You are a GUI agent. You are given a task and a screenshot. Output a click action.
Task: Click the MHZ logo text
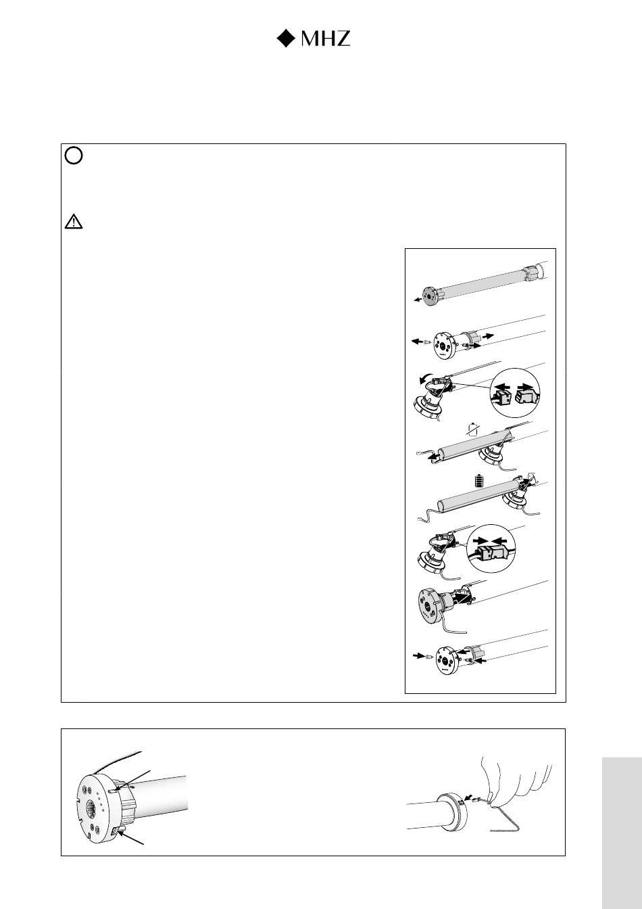click(x=325, y=39)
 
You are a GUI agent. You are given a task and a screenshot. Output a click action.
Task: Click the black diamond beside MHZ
click(x=286, y=39)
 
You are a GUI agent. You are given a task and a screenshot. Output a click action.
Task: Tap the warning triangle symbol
click(x=74, y=222)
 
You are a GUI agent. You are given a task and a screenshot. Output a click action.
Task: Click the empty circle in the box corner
click(x=74, y=156)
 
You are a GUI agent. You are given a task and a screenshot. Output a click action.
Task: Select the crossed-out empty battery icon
click(x=472, y=429)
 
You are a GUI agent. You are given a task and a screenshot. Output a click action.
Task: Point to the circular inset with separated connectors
click(x=515, y=393)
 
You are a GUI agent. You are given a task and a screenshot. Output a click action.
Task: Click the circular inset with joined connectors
click(x=491, y=549)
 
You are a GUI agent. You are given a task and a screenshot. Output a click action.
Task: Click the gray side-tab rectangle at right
click(x=622, y=833)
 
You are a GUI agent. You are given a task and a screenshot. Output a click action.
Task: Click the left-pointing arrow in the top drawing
click(x=418, y=300)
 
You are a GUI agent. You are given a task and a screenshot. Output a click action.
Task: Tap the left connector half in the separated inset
click(x=502, y=395)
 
